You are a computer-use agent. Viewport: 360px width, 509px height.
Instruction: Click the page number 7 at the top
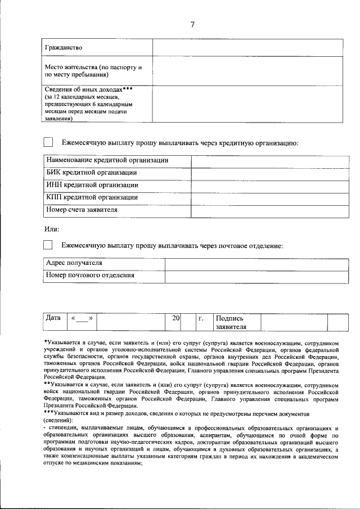click(x=192, y=24)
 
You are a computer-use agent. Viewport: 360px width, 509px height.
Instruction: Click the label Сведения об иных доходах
click(x=88, y=89)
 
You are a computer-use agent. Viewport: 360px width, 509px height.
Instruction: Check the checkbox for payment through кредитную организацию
click(x=48, y=143)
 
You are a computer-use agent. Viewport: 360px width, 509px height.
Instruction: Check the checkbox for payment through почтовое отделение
click(x=48, y=245)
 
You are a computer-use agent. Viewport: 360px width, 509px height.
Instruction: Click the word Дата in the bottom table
click(x=53, y=318)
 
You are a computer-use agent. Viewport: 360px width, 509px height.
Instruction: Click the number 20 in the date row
click(x=175, y=318)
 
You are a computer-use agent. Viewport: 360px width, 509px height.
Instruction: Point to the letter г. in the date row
click(x=200, y=318)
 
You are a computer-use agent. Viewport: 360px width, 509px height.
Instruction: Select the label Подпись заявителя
click(x=231, y=322)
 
